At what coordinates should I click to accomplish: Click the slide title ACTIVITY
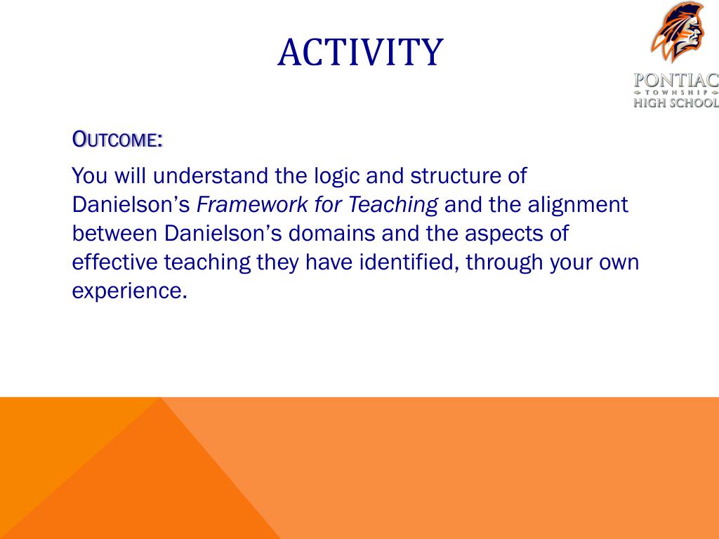[x=360, y=52]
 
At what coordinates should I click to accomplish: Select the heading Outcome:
[x=117, y=140]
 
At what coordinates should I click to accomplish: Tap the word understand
[x=211, y=175]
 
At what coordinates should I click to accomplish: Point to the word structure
[x=455, y=176]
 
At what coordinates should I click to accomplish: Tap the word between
[x=114, y=233]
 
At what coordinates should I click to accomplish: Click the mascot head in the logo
[x=678, y=32]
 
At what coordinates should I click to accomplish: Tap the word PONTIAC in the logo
[x=676, y=80]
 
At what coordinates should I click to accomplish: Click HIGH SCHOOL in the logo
[x=676, y=102]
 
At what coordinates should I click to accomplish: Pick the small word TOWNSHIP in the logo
[x=676, y=92]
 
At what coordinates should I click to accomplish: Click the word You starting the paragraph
[x=90, y=176]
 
